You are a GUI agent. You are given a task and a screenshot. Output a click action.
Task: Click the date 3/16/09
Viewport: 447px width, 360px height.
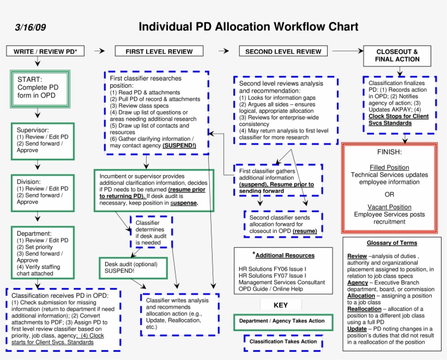(x=31, y=28)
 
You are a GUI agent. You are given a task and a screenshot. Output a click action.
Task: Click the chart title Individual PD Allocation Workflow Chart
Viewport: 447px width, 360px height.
(x=248, y=27)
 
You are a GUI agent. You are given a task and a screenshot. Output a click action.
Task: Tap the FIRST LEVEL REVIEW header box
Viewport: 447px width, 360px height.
(x=159, y=51)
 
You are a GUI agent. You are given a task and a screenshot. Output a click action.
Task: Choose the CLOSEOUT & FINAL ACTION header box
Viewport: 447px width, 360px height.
(x=397, y=56)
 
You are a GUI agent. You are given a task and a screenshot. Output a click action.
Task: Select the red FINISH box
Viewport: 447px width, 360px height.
(x=389, y=188)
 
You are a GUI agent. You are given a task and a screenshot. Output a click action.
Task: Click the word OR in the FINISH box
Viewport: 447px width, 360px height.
(x=389, y=194)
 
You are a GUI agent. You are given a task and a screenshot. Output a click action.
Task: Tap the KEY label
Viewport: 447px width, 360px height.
(x=281, y=305)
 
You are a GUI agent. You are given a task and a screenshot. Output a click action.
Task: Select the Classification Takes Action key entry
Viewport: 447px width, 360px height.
(x=283, y=341)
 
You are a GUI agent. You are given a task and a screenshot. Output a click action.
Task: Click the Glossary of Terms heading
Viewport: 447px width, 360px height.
(x=391, y=243)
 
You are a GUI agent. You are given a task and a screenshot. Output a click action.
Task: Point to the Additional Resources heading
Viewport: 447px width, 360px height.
(x=283, y=255)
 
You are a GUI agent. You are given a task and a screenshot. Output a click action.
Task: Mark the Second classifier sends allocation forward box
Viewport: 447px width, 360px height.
(x=283, y=224)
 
